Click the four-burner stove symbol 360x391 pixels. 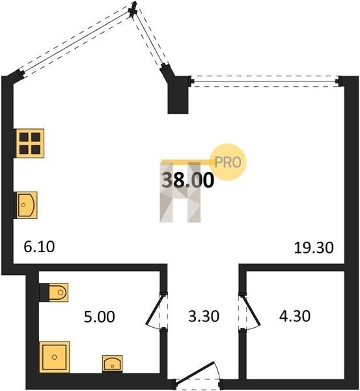pyautogui.click(x=30, y=143)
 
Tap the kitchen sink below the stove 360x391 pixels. pyautogui.click(x=27, y=205)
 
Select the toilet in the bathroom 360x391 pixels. pyautogui.click(x=54, y=292)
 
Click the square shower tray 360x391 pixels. pyautogui.click(x=54, y=357)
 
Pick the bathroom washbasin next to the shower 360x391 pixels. pyautogui.click(x=113, y=364)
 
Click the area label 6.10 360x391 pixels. pyautogui.click(x=39, y=247)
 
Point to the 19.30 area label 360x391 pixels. pyautogui.click(x=314, y=248)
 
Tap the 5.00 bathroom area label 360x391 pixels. pyautogui.click(x=100, y=317)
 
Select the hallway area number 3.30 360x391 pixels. pyautogui.click(x=204, y=316)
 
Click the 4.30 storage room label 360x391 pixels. pyautogui.click(x=295, y=316)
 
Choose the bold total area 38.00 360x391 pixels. pyautogui.click(x=188, y=180)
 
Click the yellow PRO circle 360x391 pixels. pyautogui.click(x=228, y=162)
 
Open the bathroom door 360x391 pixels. pyautogui.click(x=157, y=311)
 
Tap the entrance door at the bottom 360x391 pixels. pyautogui.click(x=197, y=375)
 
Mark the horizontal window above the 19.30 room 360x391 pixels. pyautogui.click(x=264, y=81)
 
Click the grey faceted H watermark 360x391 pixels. pyautogui.click(x=180, y=192)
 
